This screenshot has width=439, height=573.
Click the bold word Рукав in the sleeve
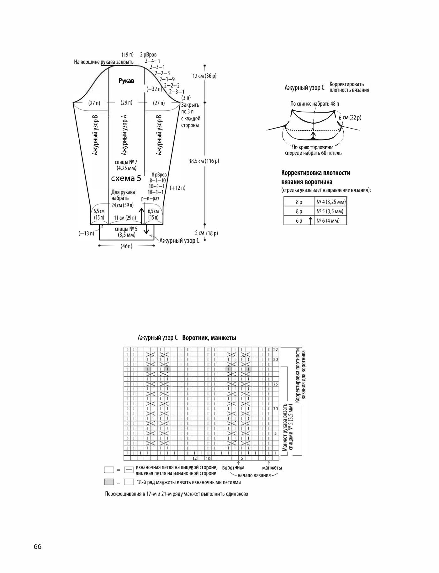[126, 81]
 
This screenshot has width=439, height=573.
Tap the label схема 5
[126, 178]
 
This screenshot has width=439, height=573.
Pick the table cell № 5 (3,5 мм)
[330, 211]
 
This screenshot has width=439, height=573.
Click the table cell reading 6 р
[299, 221]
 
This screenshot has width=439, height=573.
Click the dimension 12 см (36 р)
[204, 76]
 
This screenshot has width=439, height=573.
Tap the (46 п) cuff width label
[127, 246]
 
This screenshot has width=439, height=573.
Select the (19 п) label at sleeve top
[128, 55]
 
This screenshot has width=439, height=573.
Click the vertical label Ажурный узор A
[124, 135]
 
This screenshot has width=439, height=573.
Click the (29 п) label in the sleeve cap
[126, 103]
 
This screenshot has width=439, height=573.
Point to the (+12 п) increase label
[177, 188]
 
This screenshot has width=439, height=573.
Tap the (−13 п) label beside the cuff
[86, 233]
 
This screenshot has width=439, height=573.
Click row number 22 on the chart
[276, 350]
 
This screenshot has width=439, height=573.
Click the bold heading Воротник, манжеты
[209, 338]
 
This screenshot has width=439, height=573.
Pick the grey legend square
[109, 482]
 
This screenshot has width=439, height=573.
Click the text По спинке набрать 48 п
[315, 103]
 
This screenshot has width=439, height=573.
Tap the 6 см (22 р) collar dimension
[350, 118]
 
